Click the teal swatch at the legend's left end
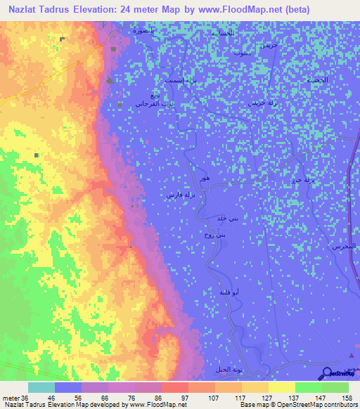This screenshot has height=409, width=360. (41, 387)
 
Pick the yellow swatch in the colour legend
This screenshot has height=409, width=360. (281, 387)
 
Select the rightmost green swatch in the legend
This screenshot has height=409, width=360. (335, 387)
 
